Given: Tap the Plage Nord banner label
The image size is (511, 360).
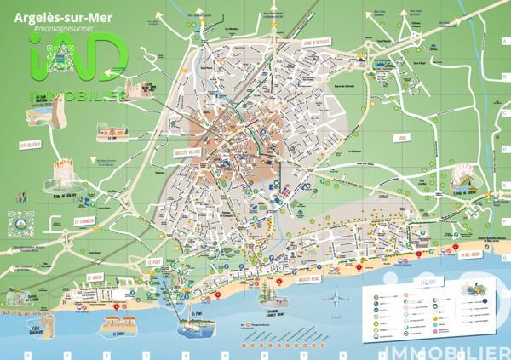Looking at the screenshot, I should pos(469,253).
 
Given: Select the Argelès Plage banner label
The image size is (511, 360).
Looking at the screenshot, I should pos(302,277).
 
